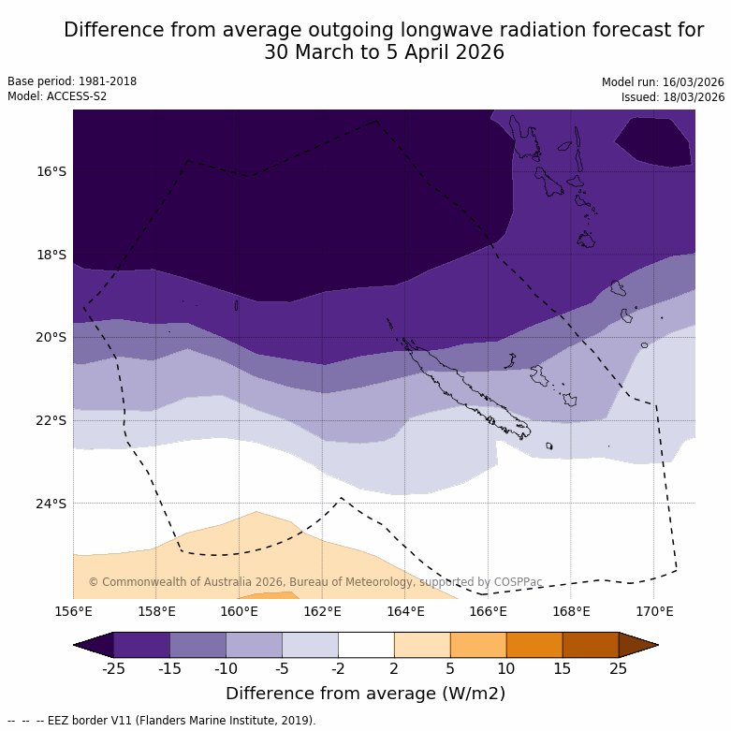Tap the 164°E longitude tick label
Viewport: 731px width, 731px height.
pos(405,612)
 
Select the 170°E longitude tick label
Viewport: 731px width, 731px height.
pos(654,612)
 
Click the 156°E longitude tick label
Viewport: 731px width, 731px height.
pos(73,612)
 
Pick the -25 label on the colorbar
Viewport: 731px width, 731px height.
pos(113,668)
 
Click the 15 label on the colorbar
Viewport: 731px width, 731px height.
pos(563,668)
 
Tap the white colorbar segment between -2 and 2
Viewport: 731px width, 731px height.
pos(366,645)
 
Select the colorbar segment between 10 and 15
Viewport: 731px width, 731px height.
pos(534,645)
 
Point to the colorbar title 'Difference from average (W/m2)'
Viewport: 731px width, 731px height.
pos(365,694)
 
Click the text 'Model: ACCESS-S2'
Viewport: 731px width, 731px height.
pos(57,96)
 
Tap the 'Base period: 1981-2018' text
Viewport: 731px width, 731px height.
pos(72,81)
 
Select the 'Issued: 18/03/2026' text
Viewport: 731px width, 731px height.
pos(673,97)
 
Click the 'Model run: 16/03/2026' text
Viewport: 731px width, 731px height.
pos(663,82)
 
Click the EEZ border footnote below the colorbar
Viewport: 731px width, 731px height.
pos(162,721)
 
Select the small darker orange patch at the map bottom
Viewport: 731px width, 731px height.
pos(267,595)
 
